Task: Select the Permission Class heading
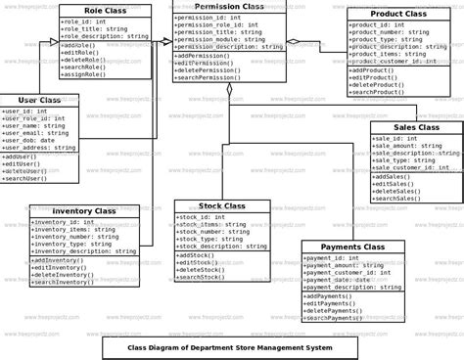[229, 7]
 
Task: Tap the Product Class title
[398, 15]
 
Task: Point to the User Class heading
[38, 100]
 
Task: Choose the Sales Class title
[416, 127]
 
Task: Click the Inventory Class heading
[83, 210]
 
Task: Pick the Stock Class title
[221, 206]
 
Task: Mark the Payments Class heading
[351, 247]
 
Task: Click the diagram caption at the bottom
[231, 347]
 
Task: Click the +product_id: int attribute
[378, 24]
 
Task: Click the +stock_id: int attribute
[202, 216]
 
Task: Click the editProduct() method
[374, 77]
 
